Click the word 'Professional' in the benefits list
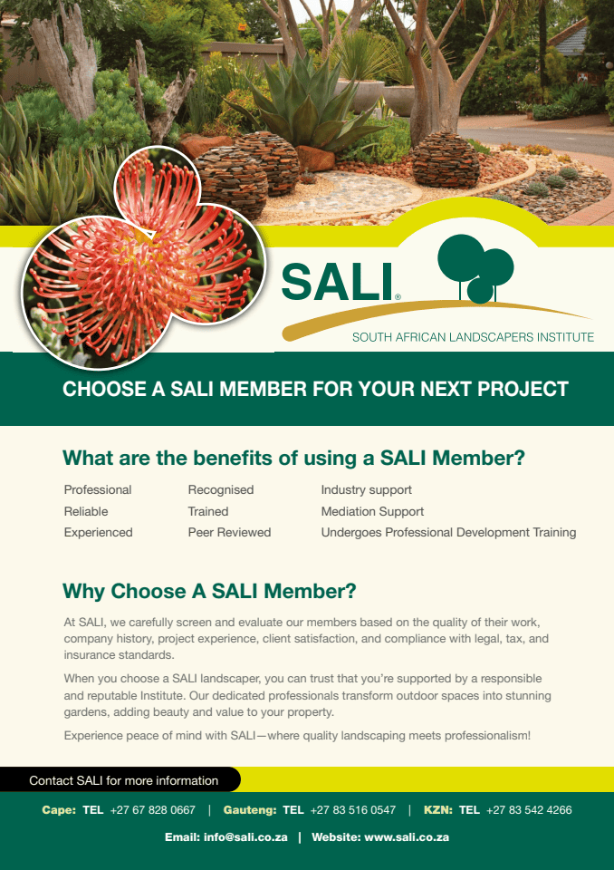pyautogui.click(x=98, y=490)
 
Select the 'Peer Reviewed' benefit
pyautogui.click(x=229, y=533)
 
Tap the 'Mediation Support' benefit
pyautogui.click(x=372, y=511)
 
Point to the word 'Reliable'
pyautogui.click(x=86, y=511)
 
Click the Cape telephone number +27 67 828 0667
pyautogui.click(x=152, y=810)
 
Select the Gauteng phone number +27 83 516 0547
pyautogui.click(x=353, y=810)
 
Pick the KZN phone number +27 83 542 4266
pyautogui.click(x=529, y=810)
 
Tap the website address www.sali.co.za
pyautogui.click(x=407, y=837)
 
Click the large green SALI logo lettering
pyautogui.click(x=337, y=282)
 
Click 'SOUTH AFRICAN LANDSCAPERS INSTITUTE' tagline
pyautogui.click(x=473, y=337)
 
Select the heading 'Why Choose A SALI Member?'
pyautogui.click(x=209, y=592)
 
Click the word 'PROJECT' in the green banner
pyautogui.click(x=523, y=389)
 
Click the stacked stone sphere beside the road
pyautogui.click(x=446, y=159)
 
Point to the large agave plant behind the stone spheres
pyautogui.click(x=306, y=105)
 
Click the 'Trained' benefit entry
pyautogui.click(x=208, y=511)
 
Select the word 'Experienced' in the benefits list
pyautogui.click(x=98, y=533)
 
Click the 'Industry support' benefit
pyautogui.click(x=367, y=490)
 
